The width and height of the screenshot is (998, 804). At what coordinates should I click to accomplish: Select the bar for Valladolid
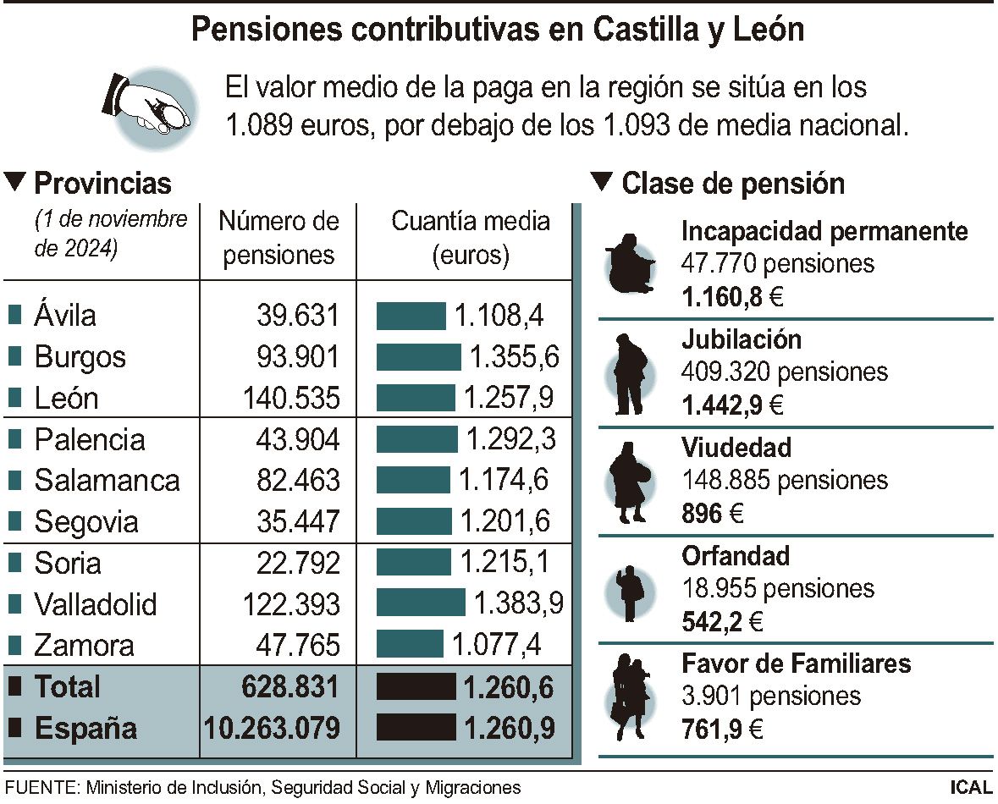click(421, 603)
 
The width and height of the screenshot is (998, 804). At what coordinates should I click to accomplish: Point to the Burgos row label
click(80, 356)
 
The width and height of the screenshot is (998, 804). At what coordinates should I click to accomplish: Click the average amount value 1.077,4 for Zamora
click(496, 645)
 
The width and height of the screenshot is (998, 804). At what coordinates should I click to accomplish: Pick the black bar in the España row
click(415, 727)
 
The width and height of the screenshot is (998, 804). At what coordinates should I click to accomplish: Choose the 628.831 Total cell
click(290, 686)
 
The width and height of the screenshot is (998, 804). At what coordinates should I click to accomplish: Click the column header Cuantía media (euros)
click(470, 238)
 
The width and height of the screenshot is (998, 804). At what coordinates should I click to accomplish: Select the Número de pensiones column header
click(278, 238)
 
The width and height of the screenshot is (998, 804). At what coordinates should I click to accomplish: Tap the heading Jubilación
click(741, 339)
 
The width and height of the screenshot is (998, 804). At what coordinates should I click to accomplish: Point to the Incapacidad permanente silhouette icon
click(630, 264)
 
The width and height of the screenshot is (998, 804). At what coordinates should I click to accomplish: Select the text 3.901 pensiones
click(770, 696)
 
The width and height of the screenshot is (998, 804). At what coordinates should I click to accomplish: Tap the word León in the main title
click(766, 30)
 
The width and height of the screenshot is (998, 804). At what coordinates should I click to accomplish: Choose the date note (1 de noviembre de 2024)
click(110, 234)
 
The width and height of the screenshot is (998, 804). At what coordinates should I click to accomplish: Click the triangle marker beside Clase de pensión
click(601, 181)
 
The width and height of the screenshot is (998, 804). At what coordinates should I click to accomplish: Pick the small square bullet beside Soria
click(14, 563)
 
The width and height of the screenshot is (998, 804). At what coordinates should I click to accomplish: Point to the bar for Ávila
click(411, 316)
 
